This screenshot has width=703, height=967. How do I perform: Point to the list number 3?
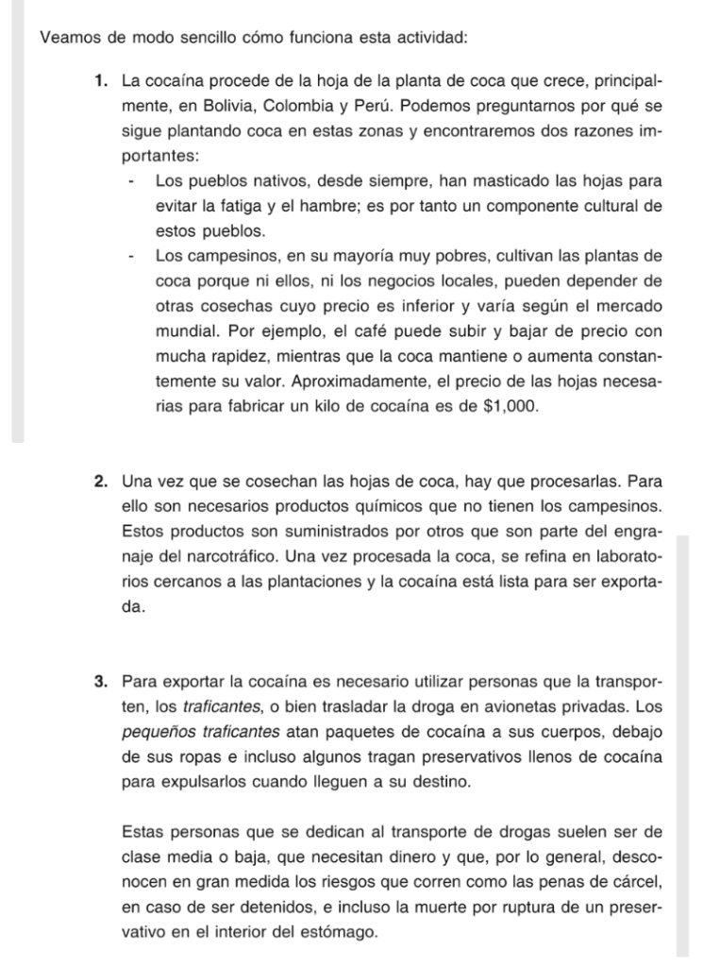pos(100,682)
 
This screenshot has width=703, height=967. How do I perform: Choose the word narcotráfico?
pos(259,557)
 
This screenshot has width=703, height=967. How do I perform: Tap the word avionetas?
pos(512,706)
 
